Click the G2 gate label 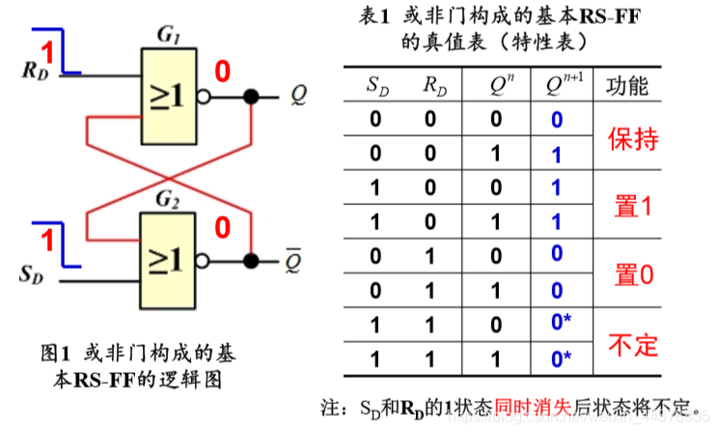(x=166, y=201)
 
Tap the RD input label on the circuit (x=33, y=71)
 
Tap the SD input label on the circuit (x=32, y=275)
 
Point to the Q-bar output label (x=293, y=260)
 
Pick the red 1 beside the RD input (x=45, y=50)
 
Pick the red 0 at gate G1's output (x=222, y=72)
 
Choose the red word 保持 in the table (x=632, y=137)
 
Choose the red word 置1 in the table (x=633, y=205)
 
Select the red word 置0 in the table (x=633, y=275)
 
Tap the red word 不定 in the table (x=632, y=343)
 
